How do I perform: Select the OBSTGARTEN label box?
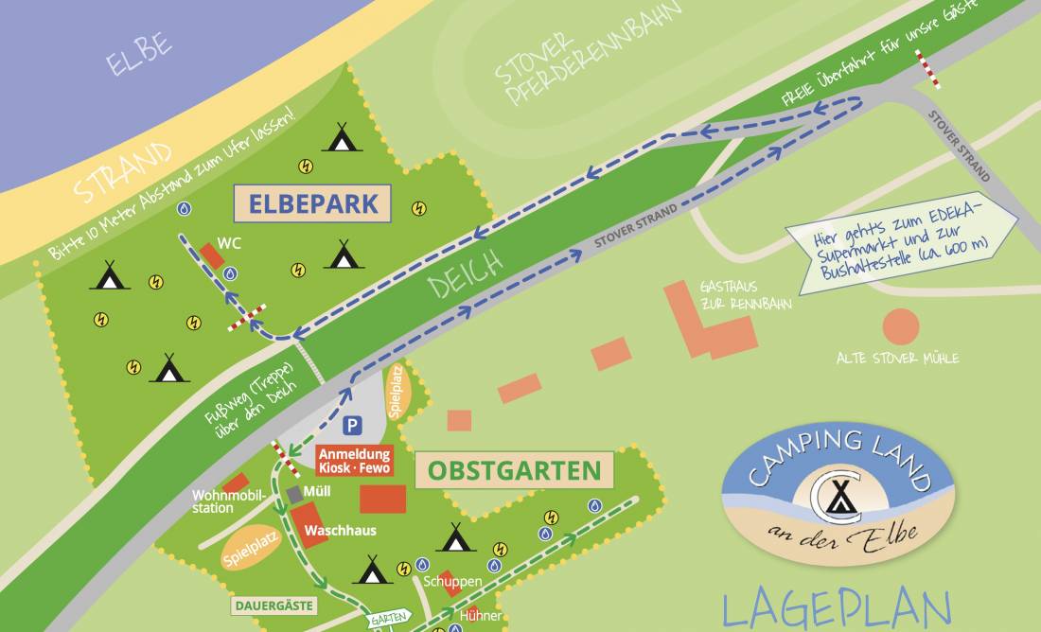click(x=514, y=470)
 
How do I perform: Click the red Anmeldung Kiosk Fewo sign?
click(x=354, y=461)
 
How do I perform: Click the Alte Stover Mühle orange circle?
click(x=900, y=326)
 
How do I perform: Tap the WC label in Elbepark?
click(x=229, y=243)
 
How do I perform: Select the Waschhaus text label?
click(x=340, y=531)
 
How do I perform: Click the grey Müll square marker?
click(x=295, y=494)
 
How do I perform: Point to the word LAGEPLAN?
click(x=837, y=608)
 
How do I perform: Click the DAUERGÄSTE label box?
click(x=273, y=605)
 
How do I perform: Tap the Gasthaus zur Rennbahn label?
click(x=744, y=293)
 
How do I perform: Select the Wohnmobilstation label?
click(x=225, y=501)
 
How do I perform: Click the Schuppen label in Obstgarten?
click(x=453, y=581)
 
